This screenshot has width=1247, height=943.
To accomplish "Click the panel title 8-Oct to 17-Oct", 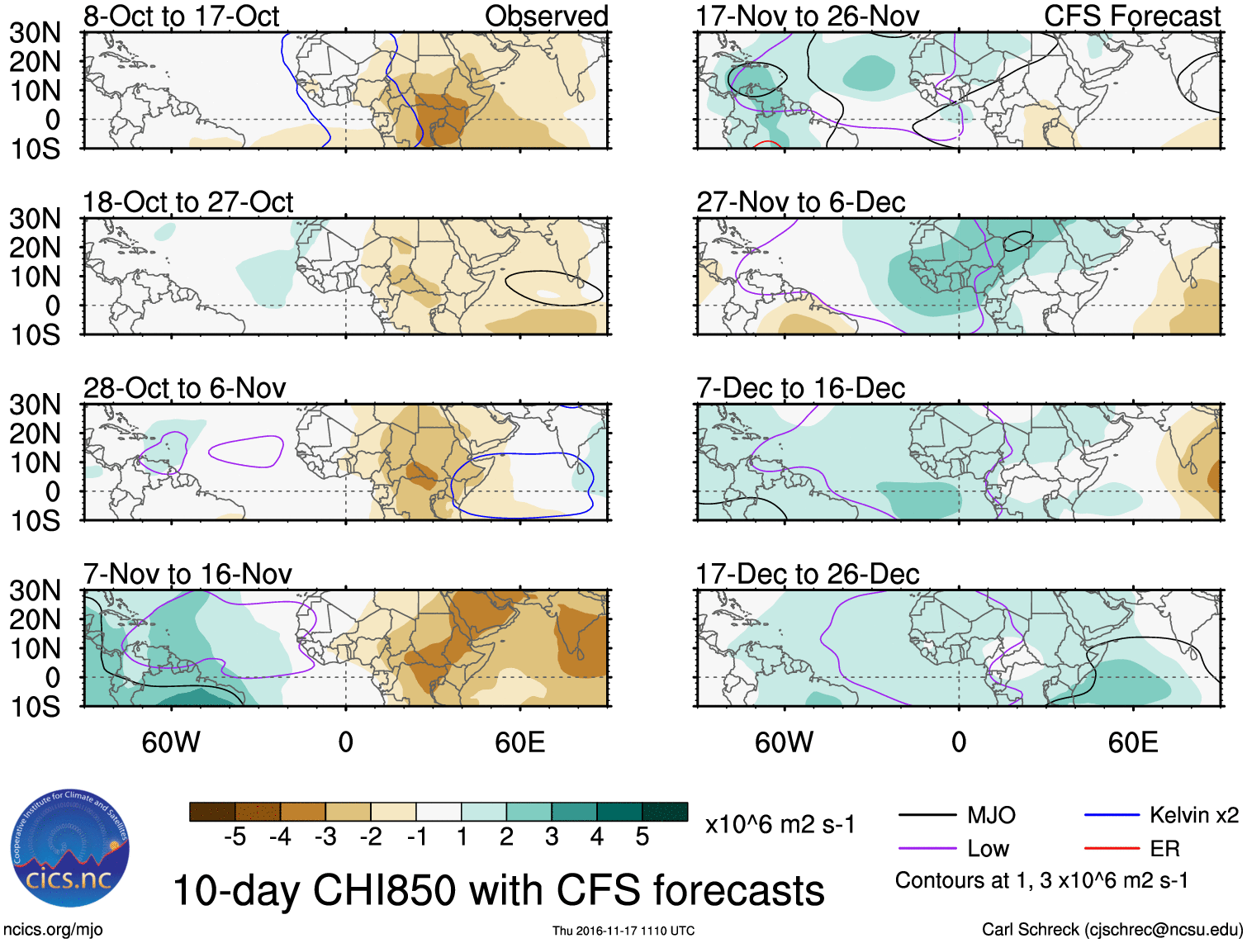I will [x=181, y=16].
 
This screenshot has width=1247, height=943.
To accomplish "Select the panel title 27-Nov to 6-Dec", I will [x=800, y=201].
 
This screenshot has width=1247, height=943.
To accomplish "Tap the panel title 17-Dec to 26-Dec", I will [x=807, y=574].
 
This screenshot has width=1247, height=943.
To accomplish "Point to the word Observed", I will [x=546, y=16].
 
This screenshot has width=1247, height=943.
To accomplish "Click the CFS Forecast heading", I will [x=1131, y=16].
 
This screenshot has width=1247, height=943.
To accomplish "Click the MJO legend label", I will [x=991, y=815].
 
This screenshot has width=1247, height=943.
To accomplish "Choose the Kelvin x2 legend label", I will [x=1193, y=815].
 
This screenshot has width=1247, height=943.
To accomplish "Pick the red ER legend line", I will [x=1112, y=848].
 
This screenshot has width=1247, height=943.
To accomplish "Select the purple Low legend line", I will [x=927, y=848].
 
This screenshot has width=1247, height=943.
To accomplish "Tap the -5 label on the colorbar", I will [x=235, y=836].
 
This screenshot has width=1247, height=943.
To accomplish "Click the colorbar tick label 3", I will [x=552, y=836].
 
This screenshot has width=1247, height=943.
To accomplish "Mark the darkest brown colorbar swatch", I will [x=212, y=812].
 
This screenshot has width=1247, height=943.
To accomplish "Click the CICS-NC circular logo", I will [x=70, y=849].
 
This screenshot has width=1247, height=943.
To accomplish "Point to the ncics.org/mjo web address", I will [x=52, y=929].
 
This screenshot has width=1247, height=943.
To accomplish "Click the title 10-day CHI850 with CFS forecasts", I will [x=498, y=890].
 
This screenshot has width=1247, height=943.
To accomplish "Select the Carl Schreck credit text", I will [x=1112, y=929].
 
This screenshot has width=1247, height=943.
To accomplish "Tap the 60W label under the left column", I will [x=171, y=742].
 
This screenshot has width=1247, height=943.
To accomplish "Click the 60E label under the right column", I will [x=1132, y=742].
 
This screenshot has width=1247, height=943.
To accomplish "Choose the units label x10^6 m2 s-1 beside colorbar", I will [x=780, y=824].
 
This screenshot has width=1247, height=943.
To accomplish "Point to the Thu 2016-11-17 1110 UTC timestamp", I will [x=623, y=931].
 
